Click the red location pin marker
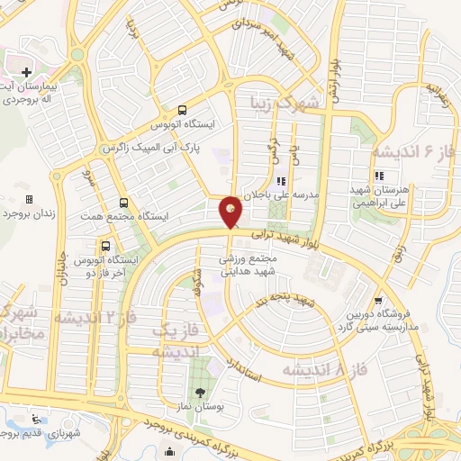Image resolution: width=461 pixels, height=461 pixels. point(230,212)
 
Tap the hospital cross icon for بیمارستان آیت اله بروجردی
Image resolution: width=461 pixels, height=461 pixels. point(26,72)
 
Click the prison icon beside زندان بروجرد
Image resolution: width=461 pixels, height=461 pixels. point(29,199)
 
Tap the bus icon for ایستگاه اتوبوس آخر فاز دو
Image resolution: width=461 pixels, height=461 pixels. point(106,245)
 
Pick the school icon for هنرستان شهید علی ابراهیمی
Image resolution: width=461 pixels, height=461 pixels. point(380,175)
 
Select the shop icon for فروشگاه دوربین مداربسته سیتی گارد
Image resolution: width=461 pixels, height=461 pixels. point(377,302)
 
